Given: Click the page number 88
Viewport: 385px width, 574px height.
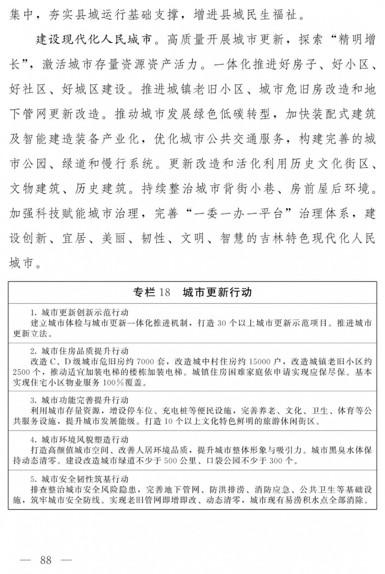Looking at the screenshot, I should tap(45, 560).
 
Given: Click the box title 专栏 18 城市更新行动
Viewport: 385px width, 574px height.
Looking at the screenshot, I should tap(192, 292).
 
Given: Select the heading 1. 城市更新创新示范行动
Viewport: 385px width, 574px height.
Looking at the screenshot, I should tap(79, 312).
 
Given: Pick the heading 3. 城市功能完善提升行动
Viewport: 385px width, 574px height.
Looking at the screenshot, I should tap(79, 400).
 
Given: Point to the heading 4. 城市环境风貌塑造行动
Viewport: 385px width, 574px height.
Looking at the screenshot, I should tap(79, 439).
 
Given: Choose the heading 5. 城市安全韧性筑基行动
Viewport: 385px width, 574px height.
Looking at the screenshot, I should tap(79, 479).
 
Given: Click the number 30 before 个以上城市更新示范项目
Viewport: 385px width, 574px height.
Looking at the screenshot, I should tap(222, 323).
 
